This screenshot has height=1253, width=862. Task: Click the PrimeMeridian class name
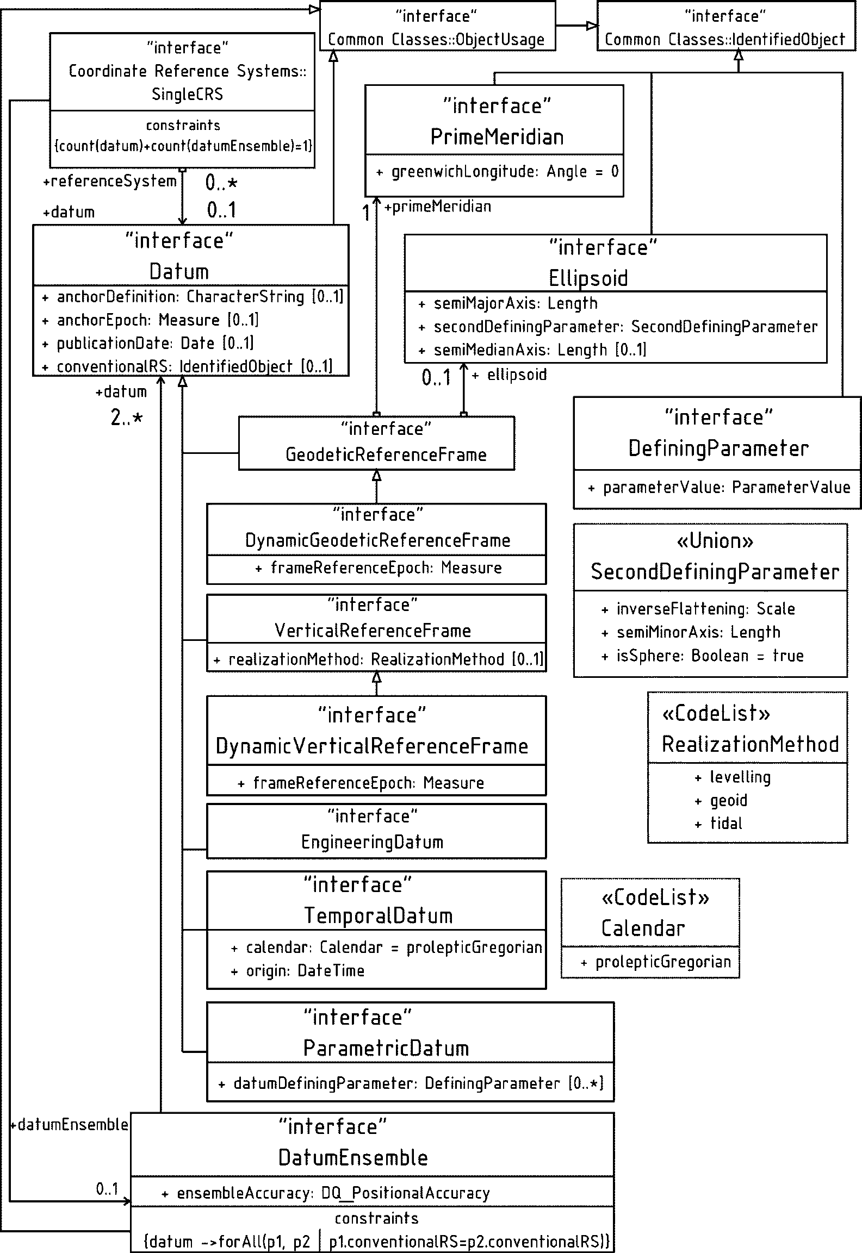(497, 136)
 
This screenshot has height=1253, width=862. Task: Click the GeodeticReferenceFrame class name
(386, 454)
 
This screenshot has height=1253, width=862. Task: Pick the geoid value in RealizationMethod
(728, 800)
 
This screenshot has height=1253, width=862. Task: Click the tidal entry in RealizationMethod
(725, 823)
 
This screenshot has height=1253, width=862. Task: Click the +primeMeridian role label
(438, 207)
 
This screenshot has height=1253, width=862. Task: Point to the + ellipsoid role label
(510, 375)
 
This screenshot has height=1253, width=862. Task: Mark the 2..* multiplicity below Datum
(127, 417)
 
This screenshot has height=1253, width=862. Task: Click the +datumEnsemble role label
(69, 1124)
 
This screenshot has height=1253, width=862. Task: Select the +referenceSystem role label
(110, 181)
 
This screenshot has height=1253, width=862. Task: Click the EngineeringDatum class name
(372, 842)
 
